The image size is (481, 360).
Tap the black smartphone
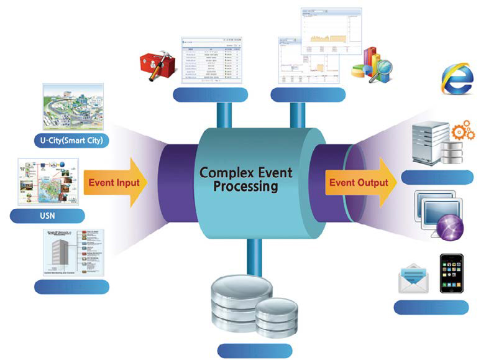pos(453,273)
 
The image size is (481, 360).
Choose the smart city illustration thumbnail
pos(71,106)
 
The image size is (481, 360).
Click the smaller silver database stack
pos(277,317)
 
